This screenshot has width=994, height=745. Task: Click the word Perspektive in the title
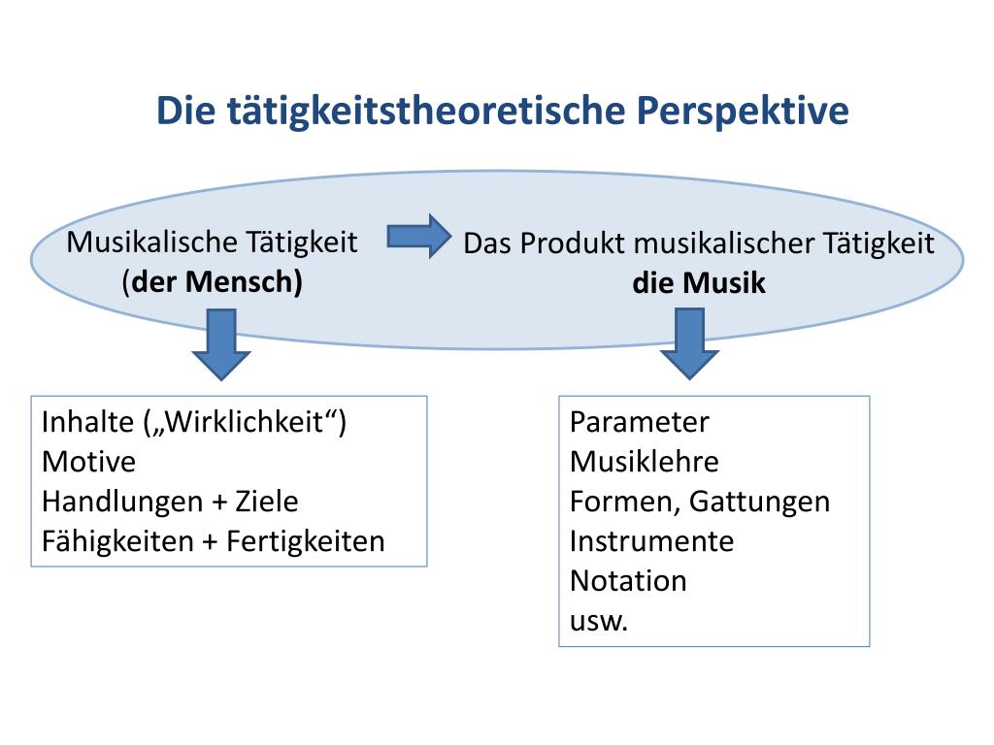tap(743, 112)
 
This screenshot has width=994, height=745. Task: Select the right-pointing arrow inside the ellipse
tap(418, 237)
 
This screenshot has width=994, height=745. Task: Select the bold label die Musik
tap(699, 283)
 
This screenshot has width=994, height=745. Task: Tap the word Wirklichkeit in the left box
tap(246, 423)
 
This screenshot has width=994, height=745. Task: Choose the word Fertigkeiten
tap(306, 541)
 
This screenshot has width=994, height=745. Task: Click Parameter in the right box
tap(640, 423)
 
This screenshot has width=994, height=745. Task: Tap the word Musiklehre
tap(645, 462)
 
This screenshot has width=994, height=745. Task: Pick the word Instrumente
tap(651, 540)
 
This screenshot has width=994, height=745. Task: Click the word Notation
tap(628, 580)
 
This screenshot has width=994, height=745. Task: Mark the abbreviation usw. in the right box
tap(599, 621)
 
